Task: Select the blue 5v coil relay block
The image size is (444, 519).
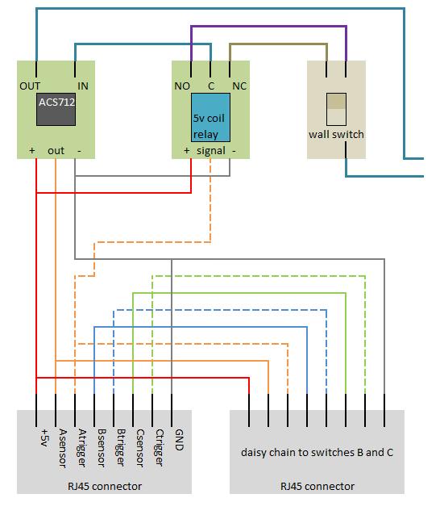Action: coord(210,118)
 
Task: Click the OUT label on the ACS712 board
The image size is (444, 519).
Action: coord(31,85)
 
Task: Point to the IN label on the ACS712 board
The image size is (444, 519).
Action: coord(82,85)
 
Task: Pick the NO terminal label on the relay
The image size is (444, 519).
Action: coord(182,85)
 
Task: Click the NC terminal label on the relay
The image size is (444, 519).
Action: coord(239,85)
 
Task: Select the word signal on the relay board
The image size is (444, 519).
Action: coord(210,150)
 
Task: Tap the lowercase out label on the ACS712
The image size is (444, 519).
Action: coord(56,150)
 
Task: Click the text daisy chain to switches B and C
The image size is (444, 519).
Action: coord(317,452)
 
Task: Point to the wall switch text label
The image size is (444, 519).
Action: coord(336,134)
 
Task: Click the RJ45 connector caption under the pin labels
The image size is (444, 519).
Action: coord(105,486)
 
